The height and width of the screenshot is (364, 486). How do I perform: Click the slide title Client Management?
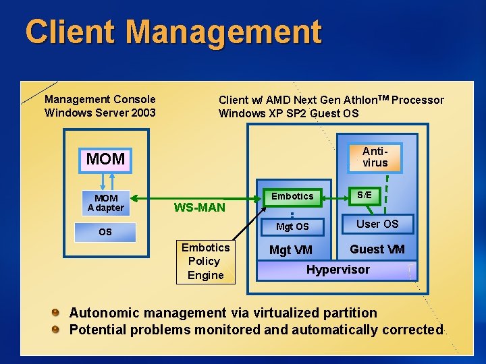tap(173, 32)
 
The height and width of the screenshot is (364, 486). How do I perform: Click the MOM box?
tap(106, 159)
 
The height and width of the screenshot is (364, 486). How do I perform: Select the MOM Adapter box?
tap(106, 203)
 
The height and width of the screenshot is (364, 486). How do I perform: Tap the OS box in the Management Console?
tap(106, 232)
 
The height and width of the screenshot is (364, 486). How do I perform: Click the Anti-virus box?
tap(375, 157)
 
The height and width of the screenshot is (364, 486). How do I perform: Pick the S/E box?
tap(364, 195)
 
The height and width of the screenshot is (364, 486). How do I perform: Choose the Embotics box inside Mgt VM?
tap(292, 197)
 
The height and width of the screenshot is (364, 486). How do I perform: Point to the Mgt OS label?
tap(292, 226)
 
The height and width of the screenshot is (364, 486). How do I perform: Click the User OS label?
tap(377, 224)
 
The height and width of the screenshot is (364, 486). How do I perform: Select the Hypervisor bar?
tap(337, 270)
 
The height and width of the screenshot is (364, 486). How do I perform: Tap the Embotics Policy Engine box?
tap(205, 262)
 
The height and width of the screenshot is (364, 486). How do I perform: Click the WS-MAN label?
tap(200, 207)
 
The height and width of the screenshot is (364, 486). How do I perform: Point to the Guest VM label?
tap(377, 249)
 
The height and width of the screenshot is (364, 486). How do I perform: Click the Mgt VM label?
tap(291, 250)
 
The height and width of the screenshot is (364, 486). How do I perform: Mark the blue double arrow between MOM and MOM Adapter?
tap(105, 179)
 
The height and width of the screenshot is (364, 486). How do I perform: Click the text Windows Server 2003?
tap(100, 113)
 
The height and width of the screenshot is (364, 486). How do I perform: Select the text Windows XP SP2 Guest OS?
tap(288, 113)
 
